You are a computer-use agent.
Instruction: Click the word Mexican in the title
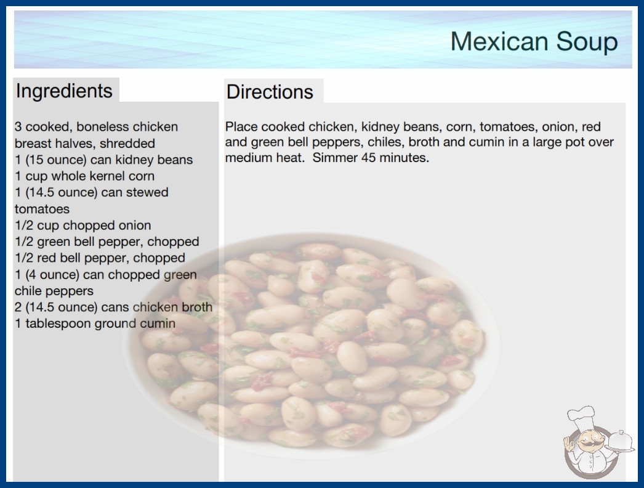click(x=499, y=41)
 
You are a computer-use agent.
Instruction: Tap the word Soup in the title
click(x=587, y=41)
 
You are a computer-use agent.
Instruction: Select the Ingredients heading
click(x=64, y=91)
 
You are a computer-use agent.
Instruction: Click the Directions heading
click(x=270, y=92)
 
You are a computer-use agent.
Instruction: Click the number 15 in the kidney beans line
click(x=36, y=160)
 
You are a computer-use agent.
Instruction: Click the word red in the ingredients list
click(x=46, y=258)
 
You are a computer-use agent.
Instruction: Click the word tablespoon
click(x=58, y=323)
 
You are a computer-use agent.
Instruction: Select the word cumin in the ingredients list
click(x=158, y=323)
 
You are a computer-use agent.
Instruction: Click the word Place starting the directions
click(x=241, y=127)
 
